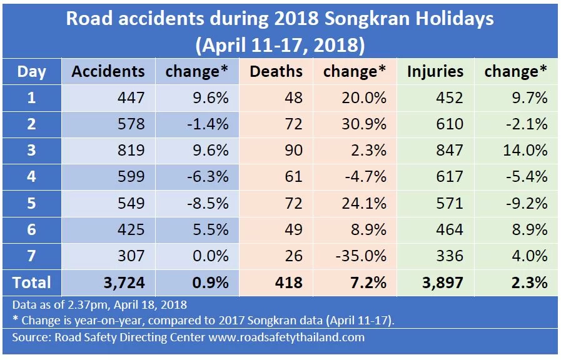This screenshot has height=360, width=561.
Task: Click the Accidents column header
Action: [108, 71]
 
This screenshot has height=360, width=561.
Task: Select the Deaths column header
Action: [276, 71]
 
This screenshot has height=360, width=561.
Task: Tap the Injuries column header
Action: [435, 71]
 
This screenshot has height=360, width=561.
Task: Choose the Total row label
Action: [31, 282]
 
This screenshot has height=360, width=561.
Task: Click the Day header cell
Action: [31, 71]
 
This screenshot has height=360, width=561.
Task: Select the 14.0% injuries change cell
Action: [524, 150]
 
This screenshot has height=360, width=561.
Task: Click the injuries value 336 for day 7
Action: [450, 256]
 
